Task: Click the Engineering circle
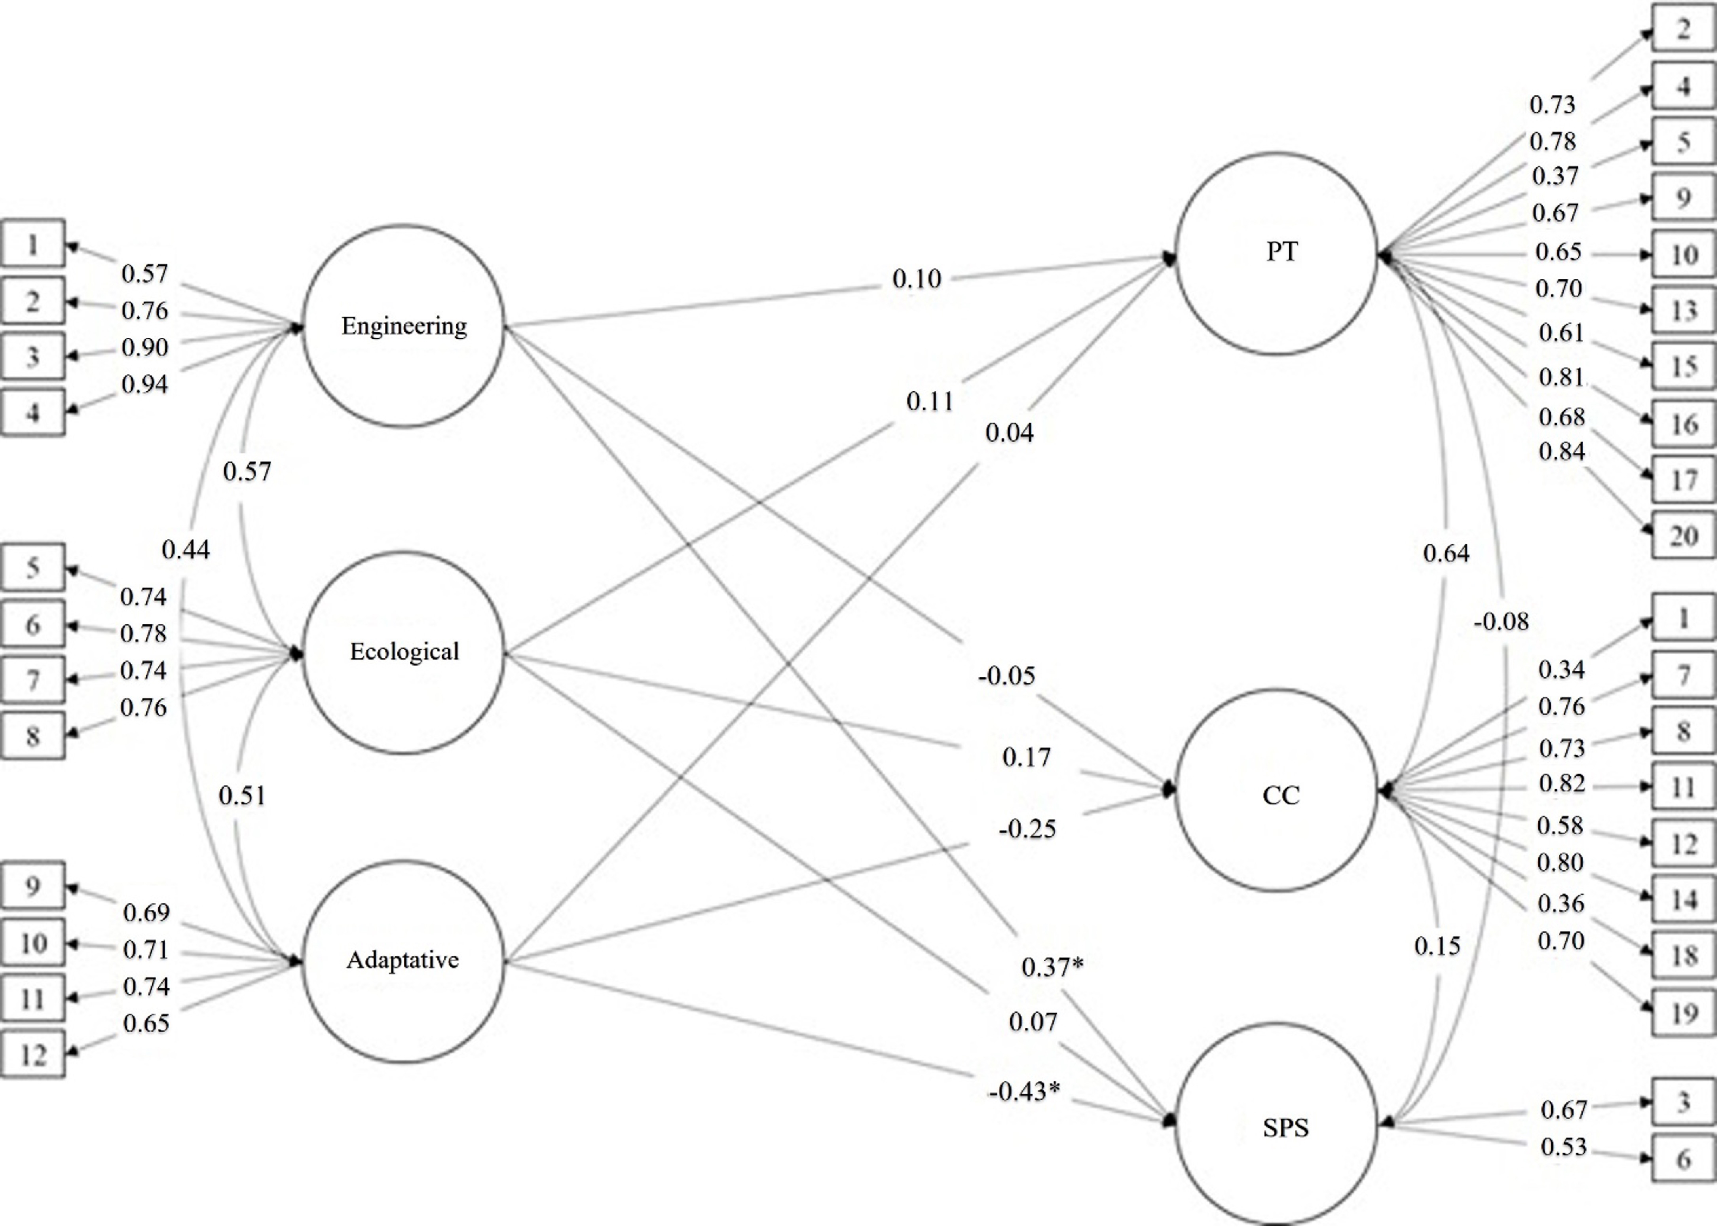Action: click(x=403, y=326)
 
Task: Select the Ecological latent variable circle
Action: click(x=403, y=652)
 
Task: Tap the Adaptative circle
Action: click(x=403, y=961)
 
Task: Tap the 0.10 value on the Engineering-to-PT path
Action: click(x=917, y=279)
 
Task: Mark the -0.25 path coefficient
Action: click(x=1027, y=830)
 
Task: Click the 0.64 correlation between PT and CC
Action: click(x=1446, y=554)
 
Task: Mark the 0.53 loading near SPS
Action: click(x=1563, y=1147)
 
